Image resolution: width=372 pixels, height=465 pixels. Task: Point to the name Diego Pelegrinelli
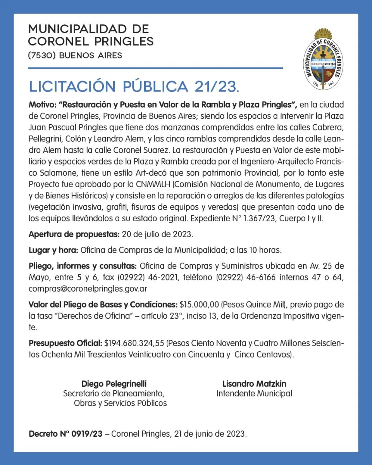pyautogui.click(x=114, y=384)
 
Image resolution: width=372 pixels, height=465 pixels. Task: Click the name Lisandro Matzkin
pyautogui.click(x=254, y=384)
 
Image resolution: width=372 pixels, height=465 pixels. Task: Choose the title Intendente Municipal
pyautogui.click(x=254, y=393)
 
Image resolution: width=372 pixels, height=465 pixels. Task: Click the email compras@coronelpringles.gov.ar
pyautogui.click(x=88, y=289)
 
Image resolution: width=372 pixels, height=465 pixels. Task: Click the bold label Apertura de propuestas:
pyautogui.click(x=74, y=234)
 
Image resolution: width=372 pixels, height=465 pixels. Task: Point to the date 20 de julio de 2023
pyautogui.click(x=157, y=234)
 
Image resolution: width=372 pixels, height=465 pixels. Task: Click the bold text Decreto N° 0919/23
pyautogui.click(x=66, y=434)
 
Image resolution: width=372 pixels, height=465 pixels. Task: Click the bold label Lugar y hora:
pyautogui.click(x=53, y=250)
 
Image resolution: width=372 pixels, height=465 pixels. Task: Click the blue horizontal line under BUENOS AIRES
pyautogui.click(x=155, y=69)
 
